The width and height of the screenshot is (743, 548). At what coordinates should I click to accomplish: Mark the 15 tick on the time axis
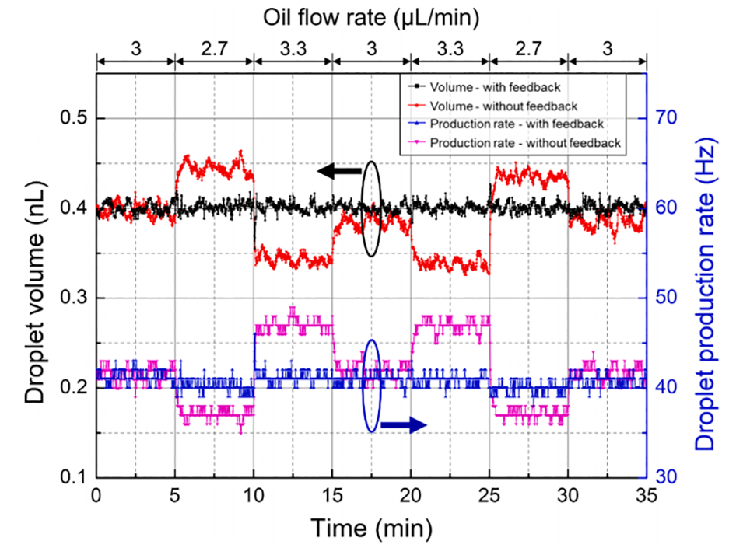pyautogui.click(x=332, y=495)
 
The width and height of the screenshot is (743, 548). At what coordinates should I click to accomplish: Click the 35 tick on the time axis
pyautogui.click(x=646, y=495)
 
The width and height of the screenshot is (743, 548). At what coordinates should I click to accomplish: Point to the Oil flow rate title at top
pyautogui.click(x=372, y=16)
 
